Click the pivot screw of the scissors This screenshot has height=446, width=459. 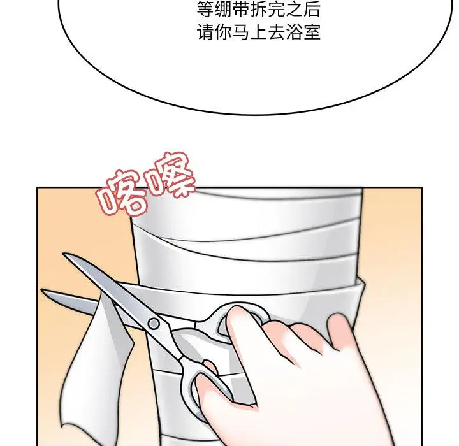154,324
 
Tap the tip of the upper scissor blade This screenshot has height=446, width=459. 64,254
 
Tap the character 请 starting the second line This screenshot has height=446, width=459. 205,32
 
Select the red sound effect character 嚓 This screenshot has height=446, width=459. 171,174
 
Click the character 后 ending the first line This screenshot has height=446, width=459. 312,9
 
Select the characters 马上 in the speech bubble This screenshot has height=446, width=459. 250,32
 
